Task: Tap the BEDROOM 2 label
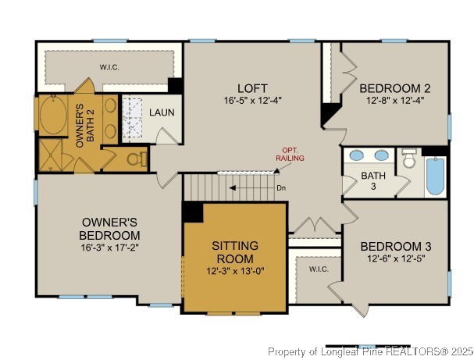(395, 87)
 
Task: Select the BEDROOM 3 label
(395, 246)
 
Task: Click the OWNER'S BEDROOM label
(109, 228)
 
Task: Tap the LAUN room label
(162, 112)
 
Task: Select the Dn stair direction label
(281, 187)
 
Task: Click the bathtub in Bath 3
(435, 177)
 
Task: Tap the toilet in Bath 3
(409, 160)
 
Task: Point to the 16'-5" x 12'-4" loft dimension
(255, 100)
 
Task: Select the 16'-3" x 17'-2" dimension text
(109, 247)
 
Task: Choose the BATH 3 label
(372, 181)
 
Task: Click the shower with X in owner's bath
(52, 159)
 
